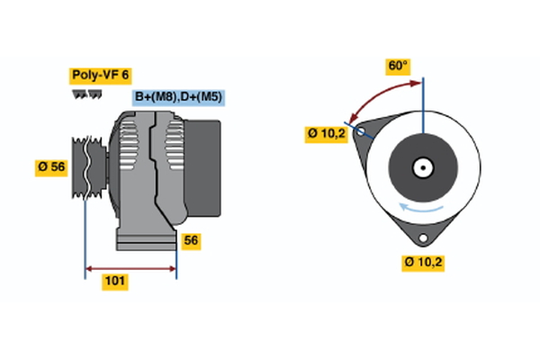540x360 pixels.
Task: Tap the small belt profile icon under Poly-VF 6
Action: point(85,94)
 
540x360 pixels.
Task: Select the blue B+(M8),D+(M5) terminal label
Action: point(177,97)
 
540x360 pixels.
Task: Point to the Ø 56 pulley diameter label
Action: point(51,166)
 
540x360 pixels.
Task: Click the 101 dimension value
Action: point(115,282)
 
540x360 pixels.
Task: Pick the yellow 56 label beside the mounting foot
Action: point(191,240)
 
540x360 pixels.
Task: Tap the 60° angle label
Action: point(398,66)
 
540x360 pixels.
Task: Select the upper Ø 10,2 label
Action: point(325,134)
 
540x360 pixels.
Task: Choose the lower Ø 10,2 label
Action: point(424,262)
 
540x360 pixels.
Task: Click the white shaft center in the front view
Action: point(422,167)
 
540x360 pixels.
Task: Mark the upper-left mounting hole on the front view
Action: point(362,131)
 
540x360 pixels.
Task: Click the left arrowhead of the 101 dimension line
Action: point(89,268)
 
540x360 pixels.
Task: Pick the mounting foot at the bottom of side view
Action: point(144,238)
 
